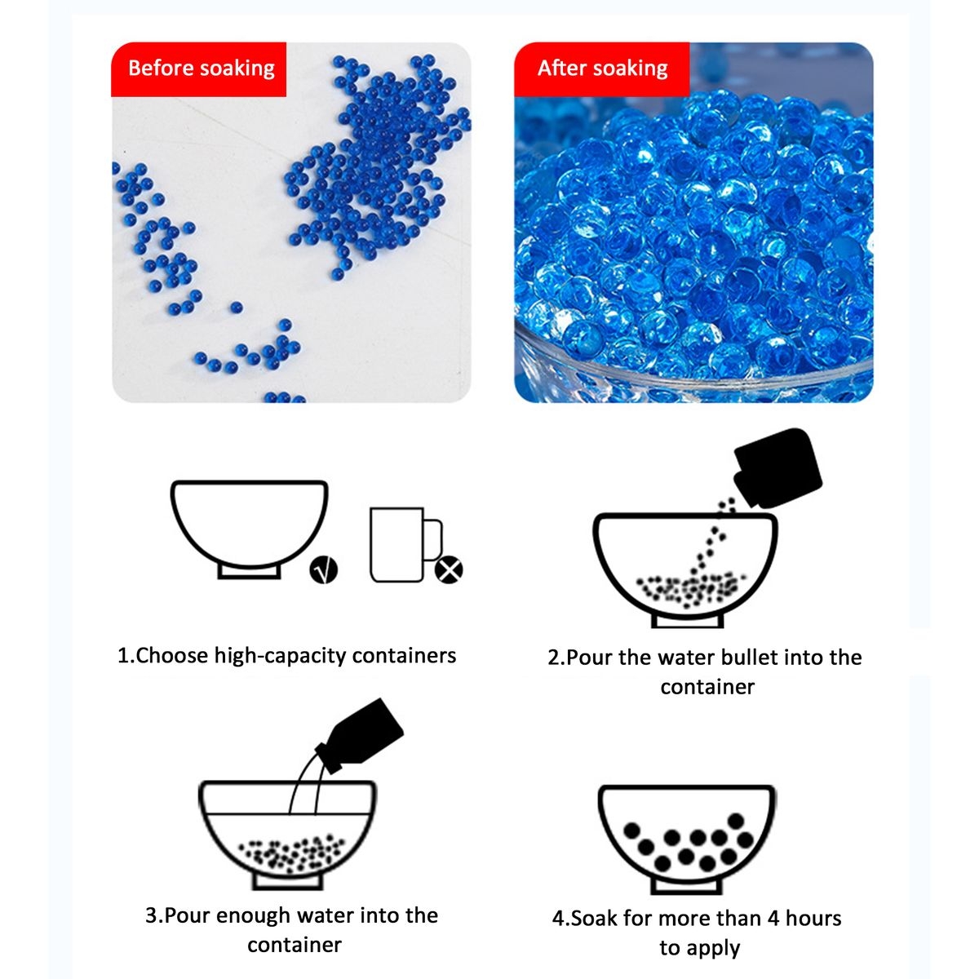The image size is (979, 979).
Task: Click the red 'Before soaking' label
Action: coord(198,69)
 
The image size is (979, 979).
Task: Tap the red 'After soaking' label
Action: coord(602,69)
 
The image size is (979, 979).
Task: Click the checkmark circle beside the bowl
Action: coord(324,569)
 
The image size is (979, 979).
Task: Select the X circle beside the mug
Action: coord(449,569)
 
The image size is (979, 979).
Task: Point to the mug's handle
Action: coord(434,539)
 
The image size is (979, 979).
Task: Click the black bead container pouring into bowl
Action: coord(777,468)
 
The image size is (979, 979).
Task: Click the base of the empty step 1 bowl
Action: coord(250,571)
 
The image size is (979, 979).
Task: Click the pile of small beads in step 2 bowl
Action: coord(689,589)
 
